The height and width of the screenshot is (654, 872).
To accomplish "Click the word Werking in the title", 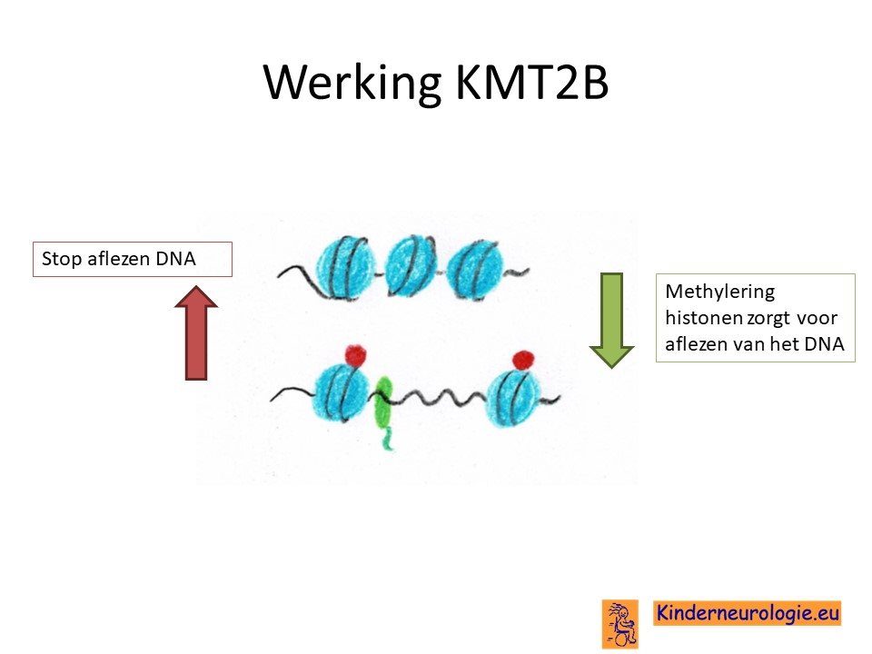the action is tap(352, 84).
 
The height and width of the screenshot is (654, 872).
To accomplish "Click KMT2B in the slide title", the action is tap(532, 83).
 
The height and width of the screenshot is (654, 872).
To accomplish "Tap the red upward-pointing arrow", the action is tap(196, 332).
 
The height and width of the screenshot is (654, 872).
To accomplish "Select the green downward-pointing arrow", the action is tap(611, 321).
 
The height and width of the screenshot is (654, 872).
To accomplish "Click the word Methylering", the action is tap(719, 292).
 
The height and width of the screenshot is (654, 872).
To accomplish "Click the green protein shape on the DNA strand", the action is tap(383, 409).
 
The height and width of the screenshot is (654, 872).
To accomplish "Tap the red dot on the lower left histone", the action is tap(356, 355).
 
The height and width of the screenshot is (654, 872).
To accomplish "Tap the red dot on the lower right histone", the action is tap(523, 360).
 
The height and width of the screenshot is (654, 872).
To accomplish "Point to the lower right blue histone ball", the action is tap(514, 398).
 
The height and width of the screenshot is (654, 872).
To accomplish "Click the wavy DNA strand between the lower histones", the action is tap(440, 397).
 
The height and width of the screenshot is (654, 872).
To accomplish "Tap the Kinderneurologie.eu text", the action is tap(748, 613).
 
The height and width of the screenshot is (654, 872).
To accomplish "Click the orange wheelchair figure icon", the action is tap(620, 624).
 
